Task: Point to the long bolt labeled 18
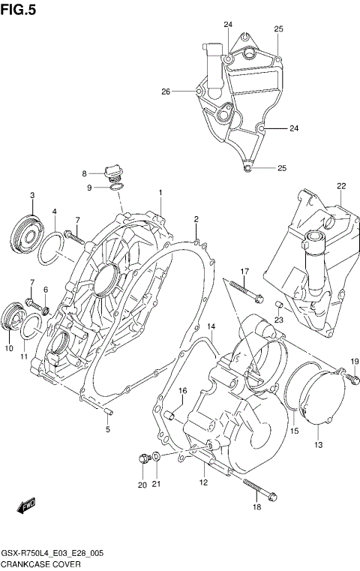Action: tap(255, 488)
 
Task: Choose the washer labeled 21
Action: tap(156, 456)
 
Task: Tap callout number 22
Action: tap(340, 186)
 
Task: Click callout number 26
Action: tap(166, 92)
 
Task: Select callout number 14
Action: tap(211, 326)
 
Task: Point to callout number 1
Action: tap(160, 193)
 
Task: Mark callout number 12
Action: tap(202, 482)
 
